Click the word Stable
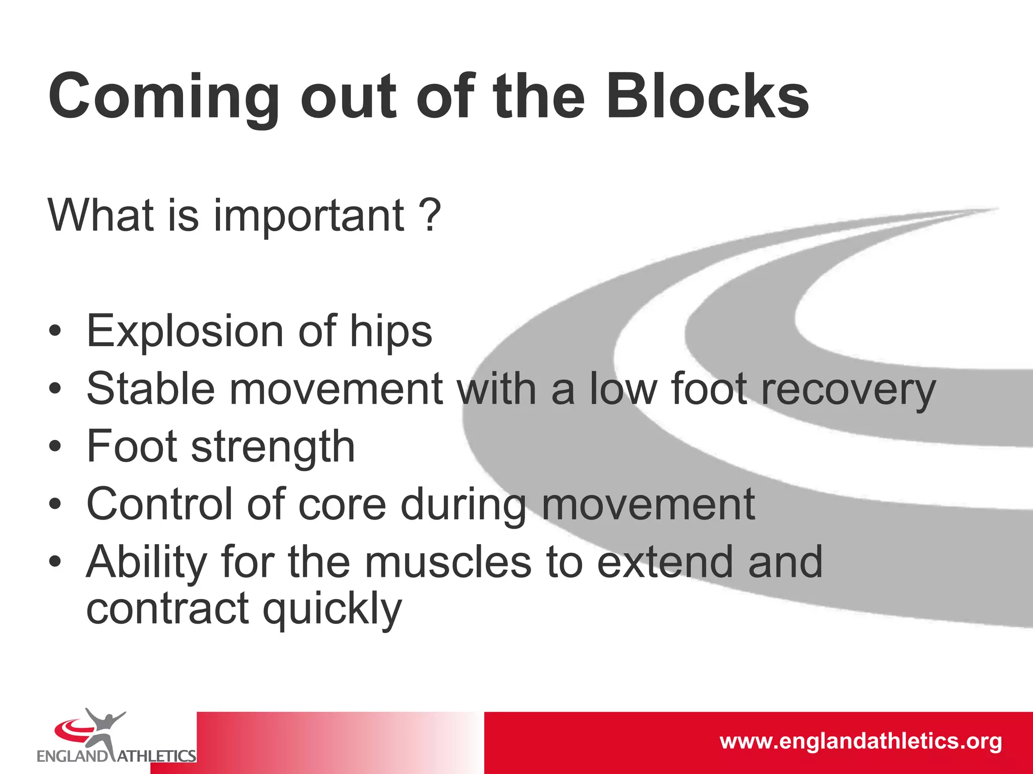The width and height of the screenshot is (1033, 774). (x=151, y=389)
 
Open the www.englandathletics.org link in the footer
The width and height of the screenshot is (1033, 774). (x=860, y=742)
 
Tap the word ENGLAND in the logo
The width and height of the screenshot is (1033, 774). (x=72, y=756)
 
